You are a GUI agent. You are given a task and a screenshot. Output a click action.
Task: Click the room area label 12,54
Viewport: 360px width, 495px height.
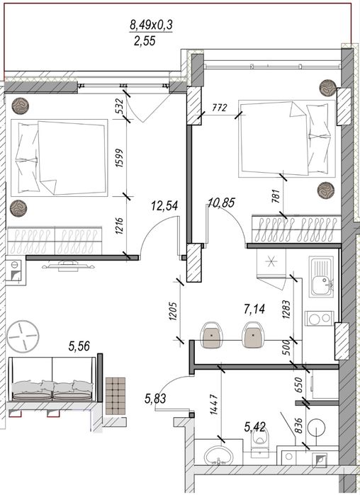click(x=164, y=206)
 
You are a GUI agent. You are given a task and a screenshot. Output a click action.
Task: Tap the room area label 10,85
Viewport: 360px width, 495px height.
click(x=221, y=203)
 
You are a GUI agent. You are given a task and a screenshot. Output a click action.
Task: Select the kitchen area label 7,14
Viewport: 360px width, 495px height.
click(x=254, y=309)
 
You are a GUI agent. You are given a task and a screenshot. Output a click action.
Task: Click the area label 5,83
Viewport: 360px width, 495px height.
click(x=155, y=399)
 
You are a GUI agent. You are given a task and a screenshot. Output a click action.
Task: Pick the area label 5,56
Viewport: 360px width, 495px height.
click(x=79, y=346)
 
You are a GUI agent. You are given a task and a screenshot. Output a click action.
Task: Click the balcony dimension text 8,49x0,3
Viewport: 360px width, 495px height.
click(x=151, y=24)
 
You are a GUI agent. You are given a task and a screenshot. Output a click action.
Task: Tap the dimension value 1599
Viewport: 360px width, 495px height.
click(x=120, y=158)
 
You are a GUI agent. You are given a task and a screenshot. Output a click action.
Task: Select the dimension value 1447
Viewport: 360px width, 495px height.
click(x=215, y=404)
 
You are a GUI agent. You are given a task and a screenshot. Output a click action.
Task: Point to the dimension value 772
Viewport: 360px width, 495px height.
click(x=220, y=108)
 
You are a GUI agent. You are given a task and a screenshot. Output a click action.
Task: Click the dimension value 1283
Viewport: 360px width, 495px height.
click(x=287, y=309)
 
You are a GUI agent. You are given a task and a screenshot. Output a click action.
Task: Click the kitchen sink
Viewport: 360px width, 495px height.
click(x=321, y=276)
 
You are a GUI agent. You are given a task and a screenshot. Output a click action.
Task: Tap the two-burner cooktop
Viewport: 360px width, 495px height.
click(x=319, y=319)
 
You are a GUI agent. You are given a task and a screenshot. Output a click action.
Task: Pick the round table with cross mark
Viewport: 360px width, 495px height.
click(x=23, y=336)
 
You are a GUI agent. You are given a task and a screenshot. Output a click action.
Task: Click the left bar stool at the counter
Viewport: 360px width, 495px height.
click(x=212, y=335)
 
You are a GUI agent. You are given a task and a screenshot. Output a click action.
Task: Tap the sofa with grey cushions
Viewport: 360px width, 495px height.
click(x=52, y=379)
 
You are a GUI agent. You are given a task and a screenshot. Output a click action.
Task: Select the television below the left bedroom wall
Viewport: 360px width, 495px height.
click(x=69, y=265)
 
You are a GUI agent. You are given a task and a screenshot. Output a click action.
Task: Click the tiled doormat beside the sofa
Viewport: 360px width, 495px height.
click(x=116, y=396)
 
